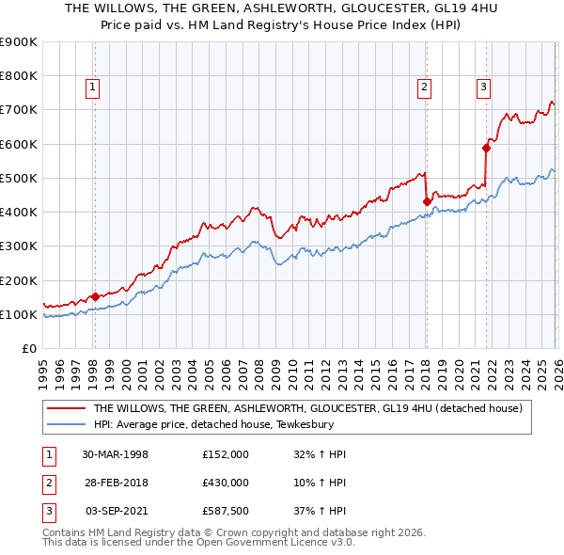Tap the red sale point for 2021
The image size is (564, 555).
point(487,148)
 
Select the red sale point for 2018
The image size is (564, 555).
point(427,201)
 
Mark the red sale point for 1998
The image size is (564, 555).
point(95,296)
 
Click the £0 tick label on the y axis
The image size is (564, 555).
point(28,349)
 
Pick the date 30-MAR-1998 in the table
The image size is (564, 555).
point(115,454)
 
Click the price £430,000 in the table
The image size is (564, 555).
point(226,483)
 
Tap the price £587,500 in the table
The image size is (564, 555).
point(226,511)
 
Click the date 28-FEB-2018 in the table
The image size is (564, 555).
point(115,483)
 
